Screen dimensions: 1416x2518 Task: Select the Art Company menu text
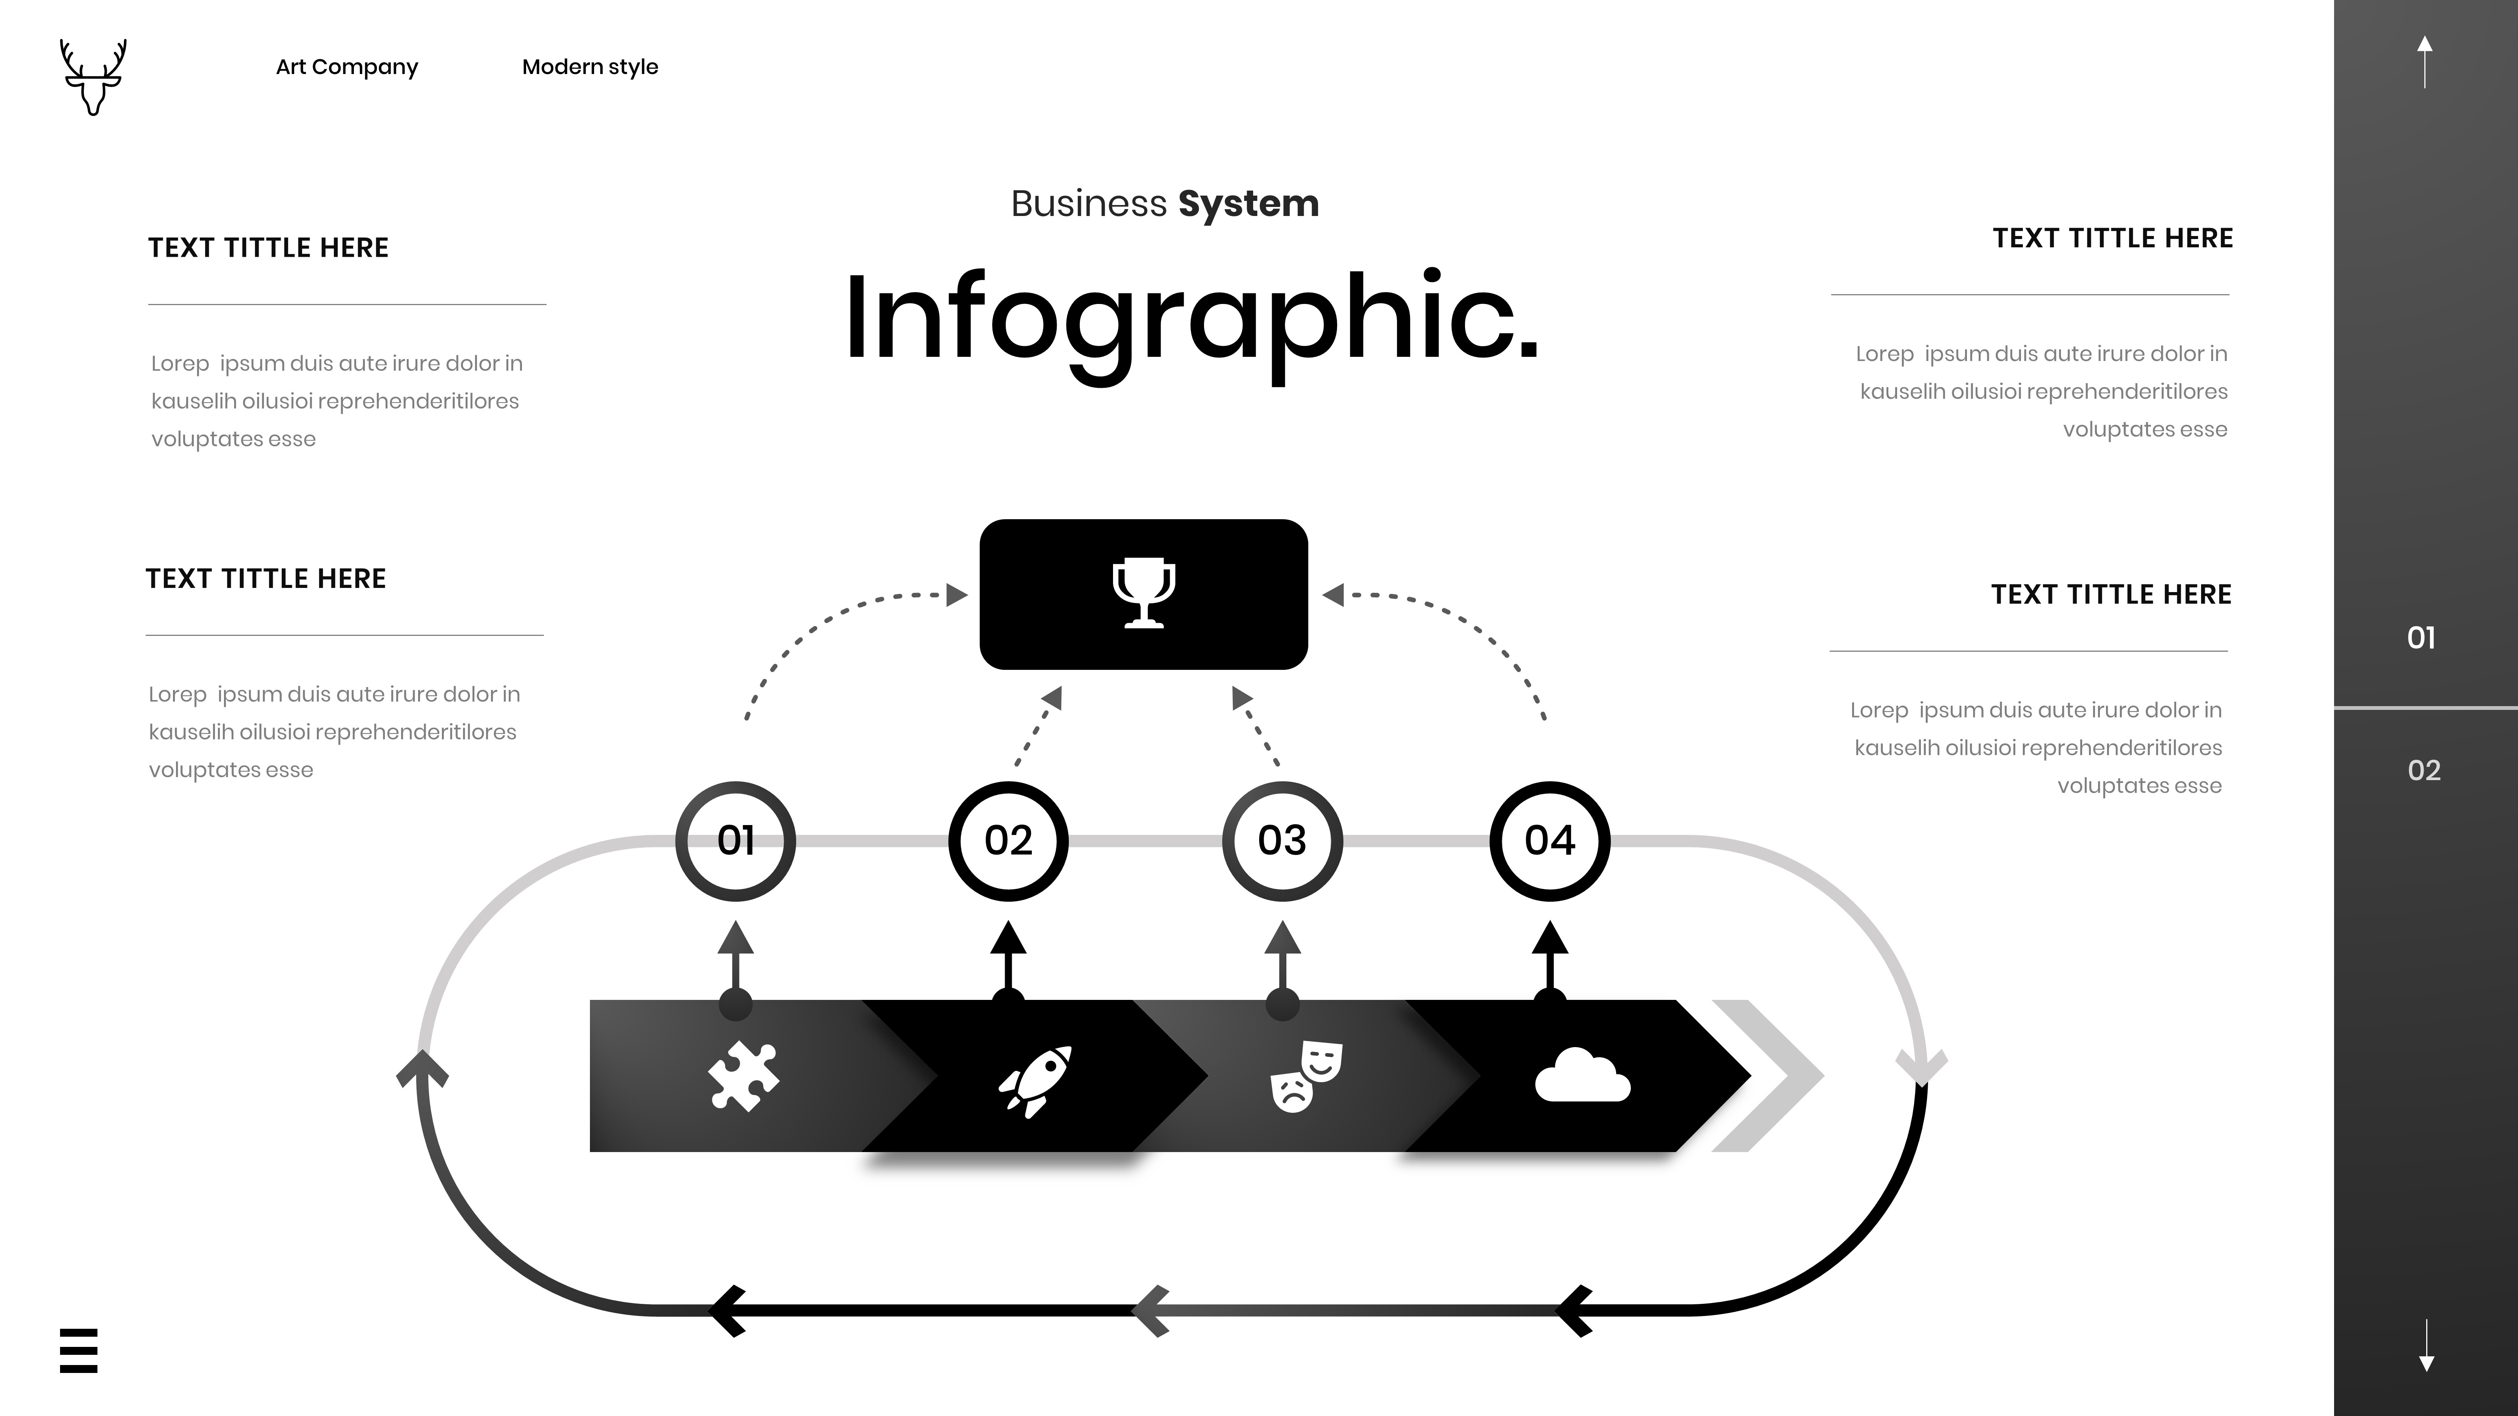coord(347,66)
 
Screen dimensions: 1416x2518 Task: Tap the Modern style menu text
coord(590,66)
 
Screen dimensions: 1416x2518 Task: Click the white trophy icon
coord(1144,592)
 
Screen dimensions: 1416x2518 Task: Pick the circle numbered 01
coord(735,841)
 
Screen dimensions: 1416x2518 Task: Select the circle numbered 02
coord(1008,841)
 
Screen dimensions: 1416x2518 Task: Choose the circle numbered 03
coord(1281,841)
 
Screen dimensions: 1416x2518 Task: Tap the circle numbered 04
coord(1549,841)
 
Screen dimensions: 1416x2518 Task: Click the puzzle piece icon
coord(743,1076)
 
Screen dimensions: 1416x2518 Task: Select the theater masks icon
coord(1306,1076)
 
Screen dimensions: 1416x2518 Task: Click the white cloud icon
coord(1582,1076)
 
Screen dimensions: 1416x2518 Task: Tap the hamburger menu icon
coord(78,1351)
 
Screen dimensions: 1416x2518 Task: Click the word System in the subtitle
coord(1248,203)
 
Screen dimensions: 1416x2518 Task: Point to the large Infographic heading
coord(1190,319)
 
